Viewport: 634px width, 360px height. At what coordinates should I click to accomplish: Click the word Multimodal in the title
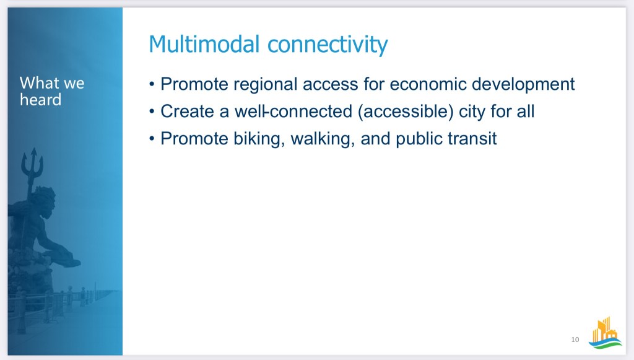click(204, 44)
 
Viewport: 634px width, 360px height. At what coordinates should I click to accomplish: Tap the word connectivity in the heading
click(328, 45)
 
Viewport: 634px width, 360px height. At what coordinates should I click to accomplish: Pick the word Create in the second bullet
click(187, 112)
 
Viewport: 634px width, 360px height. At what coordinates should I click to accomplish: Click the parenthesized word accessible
click(406, 112)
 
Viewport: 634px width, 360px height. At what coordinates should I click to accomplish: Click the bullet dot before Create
click(152, 112)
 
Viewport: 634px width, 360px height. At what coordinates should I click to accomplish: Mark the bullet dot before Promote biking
click(152, 139)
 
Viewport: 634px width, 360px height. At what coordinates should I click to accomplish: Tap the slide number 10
click(575, 340)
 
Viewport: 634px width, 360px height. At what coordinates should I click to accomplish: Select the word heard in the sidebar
click(40, 100)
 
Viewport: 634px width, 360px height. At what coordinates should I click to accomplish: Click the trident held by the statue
click(32, 170)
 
